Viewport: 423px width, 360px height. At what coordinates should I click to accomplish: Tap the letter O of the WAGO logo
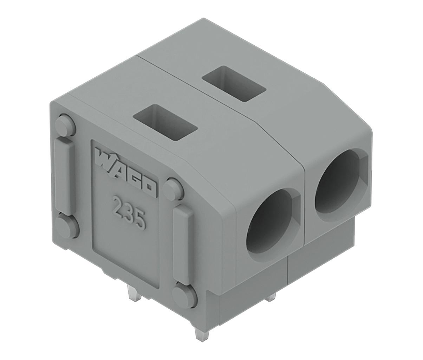(x=151, y=188)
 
